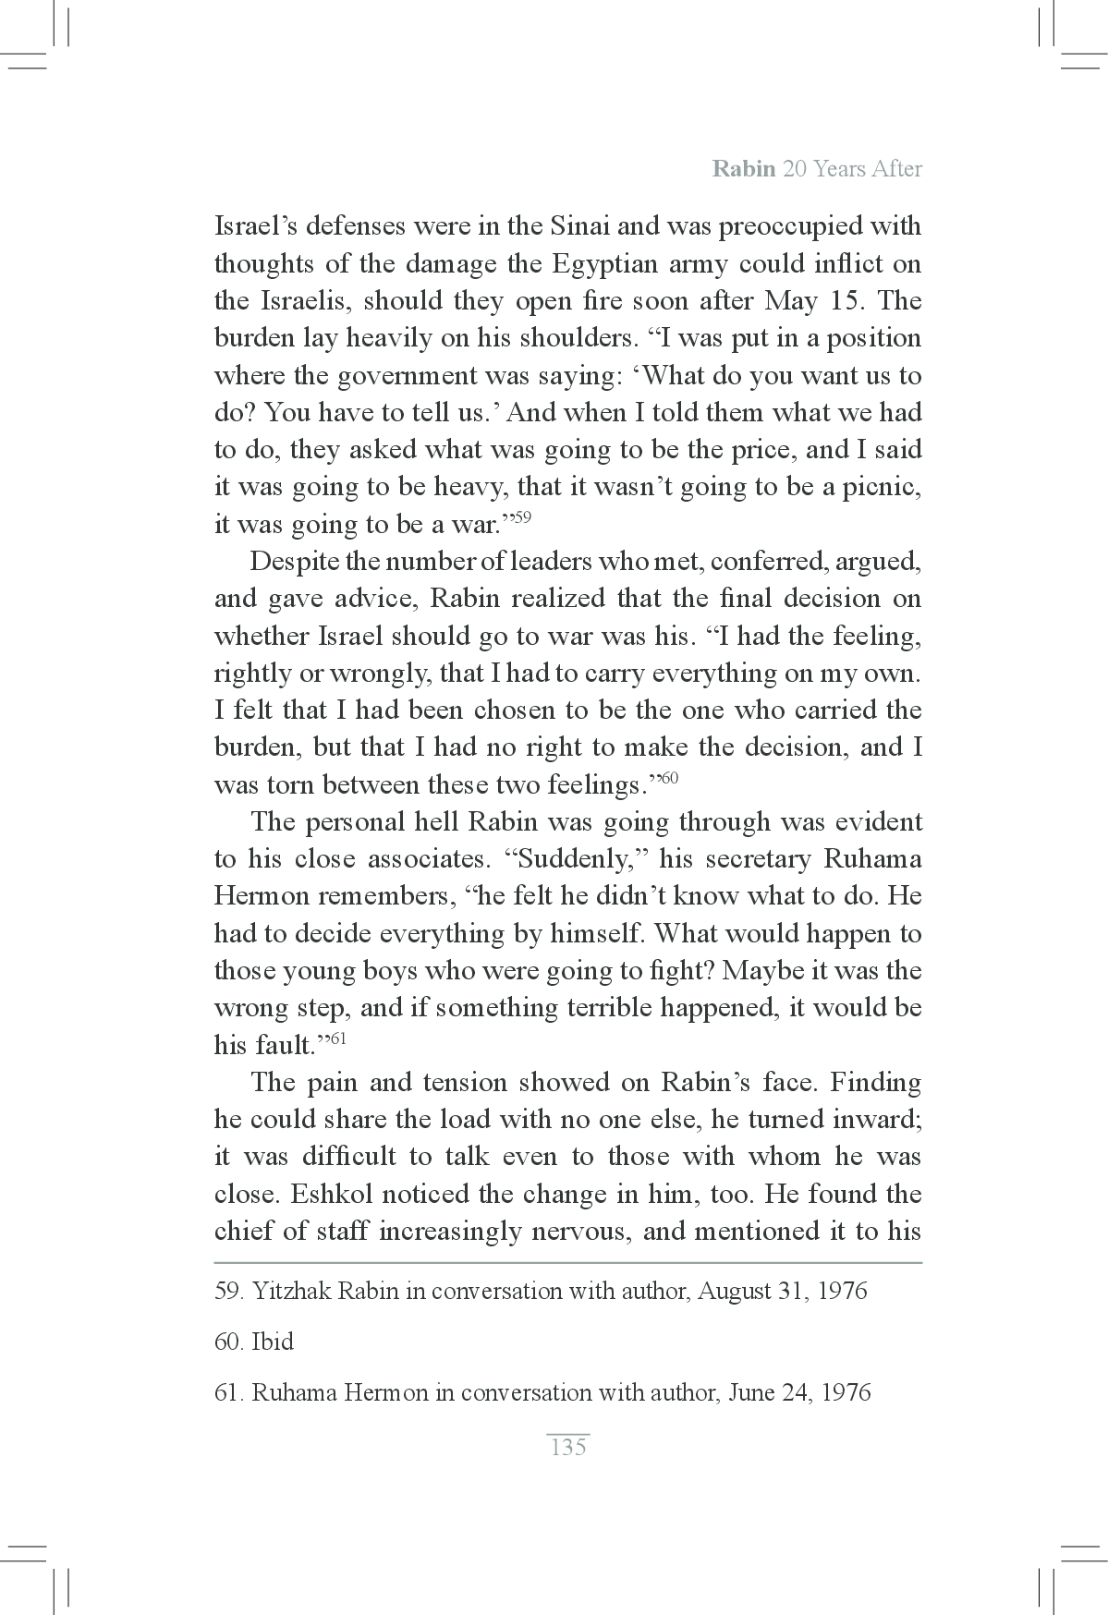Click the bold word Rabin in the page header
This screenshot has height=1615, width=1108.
(743, 169)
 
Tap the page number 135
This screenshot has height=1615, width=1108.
(567, 1447)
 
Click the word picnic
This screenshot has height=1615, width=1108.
(882, 487)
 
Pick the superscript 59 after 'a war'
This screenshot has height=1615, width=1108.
(521, 518)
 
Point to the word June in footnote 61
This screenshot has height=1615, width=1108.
(751, 1392)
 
